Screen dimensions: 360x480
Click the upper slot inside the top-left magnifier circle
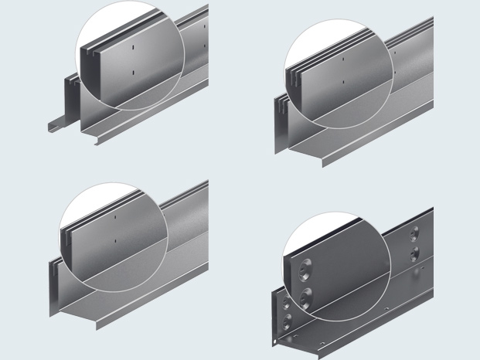coord(133,49)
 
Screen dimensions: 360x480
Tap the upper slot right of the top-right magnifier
coord(394,53)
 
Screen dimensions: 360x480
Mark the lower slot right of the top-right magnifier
coord(394,73)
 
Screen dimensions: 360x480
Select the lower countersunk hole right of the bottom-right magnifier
coord(416,253)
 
